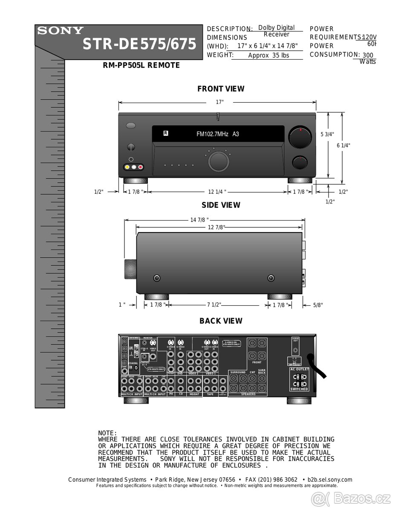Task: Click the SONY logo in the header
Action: (61, 31)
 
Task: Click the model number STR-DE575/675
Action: (139, 44)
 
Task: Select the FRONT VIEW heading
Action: (221, 89)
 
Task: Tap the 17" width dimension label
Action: (219, 102)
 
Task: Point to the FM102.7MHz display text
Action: (218, 134)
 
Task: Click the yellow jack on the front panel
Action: (127, 167)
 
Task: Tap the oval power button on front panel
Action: (131, 126)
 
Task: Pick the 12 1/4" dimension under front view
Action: (217, 192)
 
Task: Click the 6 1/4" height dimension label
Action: (343, 145)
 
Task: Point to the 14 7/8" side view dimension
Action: (199, 220)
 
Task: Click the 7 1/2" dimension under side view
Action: (214, 305)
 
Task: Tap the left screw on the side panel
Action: (157, 278)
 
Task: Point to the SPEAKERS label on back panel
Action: (248, 394)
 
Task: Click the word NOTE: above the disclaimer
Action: (107, 433)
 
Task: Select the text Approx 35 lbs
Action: (268, 55)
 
